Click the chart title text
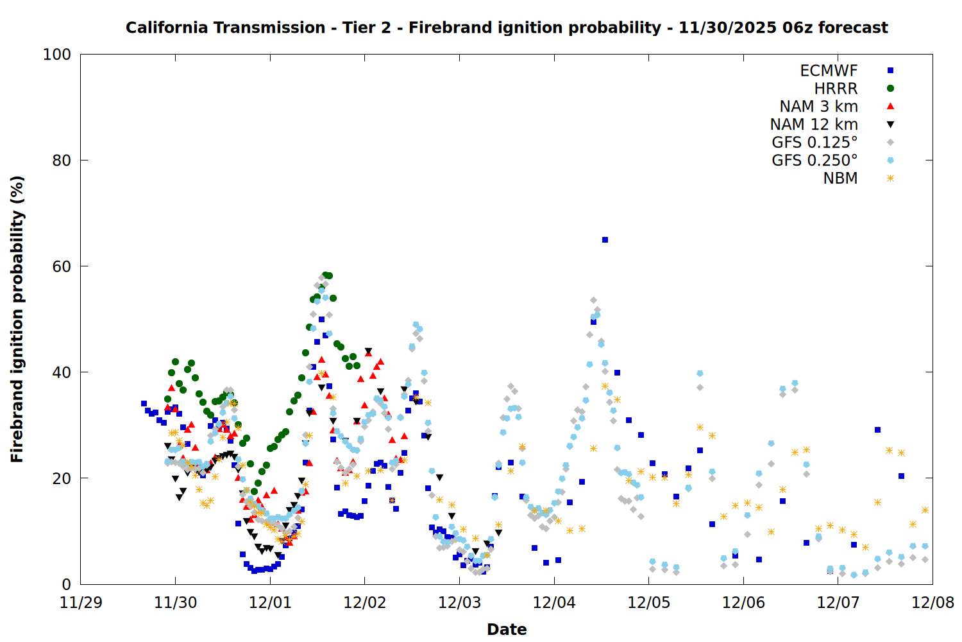click(507, 28)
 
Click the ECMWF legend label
click(829, 71)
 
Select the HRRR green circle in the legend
click(890, 89)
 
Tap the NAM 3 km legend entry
click(818, 107)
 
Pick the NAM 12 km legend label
click(814, 125)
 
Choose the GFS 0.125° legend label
click(814, 143)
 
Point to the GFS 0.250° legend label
click(814, 160)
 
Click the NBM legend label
click(840, 178)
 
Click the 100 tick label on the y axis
click(57, 55)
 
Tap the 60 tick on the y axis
click(62, 266)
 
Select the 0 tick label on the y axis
click(66, 584)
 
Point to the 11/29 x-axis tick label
click(80, 603)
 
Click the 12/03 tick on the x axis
click(459, 603)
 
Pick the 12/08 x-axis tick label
click(932, 603)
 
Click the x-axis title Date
click(507, 630)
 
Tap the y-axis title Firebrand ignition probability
click(17, 319)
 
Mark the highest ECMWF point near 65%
click(605, 240)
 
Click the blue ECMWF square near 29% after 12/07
click(877, 430)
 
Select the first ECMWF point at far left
click(144, 404)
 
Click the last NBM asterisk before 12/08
click(925, 510)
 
